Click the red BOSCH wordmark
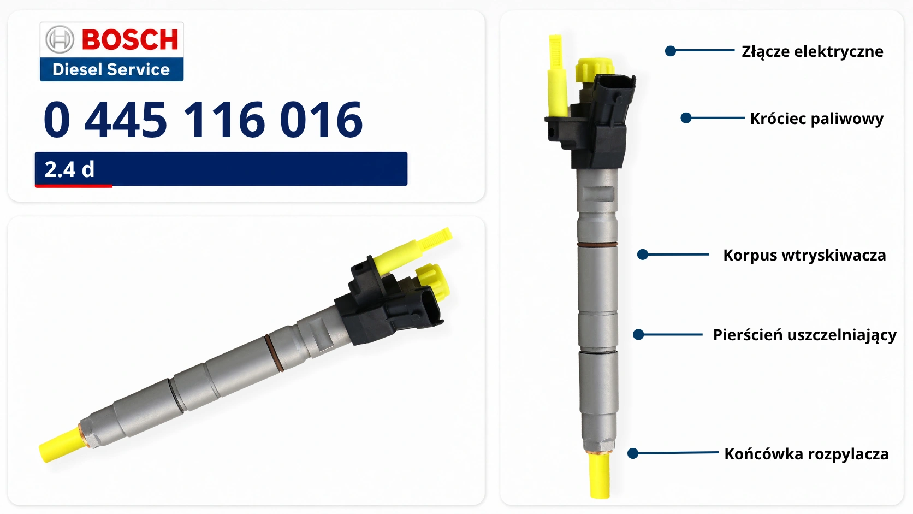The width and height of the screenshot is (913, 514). pos(130,39)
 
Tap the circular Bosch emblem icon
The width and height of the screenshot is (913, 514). pos(60,39)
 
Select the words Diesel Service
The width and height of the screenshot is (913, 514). pos(111,69)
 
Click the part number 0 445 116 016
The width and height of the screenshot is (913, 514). pos(203,120)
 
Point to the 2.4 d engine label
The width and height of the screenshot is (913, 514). pos(69,169)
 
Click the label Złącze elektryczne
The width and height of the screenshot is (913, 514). pos(813,52)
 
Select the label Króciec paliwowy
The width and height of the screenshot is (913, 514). pos(817,119)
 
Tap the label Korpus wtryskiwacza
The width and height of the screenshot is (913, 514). pos(804,255)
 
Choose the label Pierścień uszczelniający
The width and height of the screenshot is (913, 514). pos(804,335)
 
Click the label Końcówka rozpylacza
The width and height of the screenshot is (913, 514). pos(806,454)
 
